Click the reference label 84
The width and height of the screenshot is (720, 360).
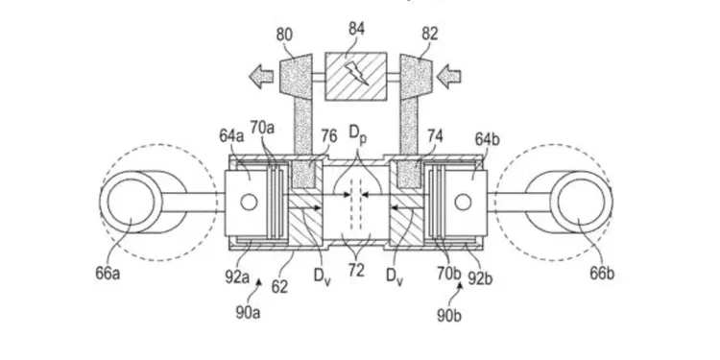pyautogui.click(x=356, y=30)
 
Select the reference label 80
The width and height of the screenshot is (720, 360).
pyautogui.click(x=285, y=35)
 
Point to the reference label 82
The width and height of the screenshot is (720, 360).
pyautogui.click(x=429, y=34)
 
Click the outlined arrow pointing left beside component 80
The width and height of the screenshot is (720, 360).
pyautogui.click(x=261, y=76)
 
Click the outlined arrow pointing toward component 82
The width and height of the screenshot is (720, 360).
pyautogui.click(x=448, y=76)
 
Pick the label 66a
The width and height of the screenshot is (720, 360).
pyautogui.click(x=108, y=274)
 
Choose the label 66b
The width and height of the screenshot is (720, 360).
pyautogui.click(x=602, y=273)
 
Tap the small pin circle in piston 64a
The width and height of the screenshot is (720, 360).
pyautogui.click(x=250, y=202)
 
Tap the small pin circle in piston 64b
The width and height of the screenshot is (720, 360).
pyautogui.click(x=463, y=202)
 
